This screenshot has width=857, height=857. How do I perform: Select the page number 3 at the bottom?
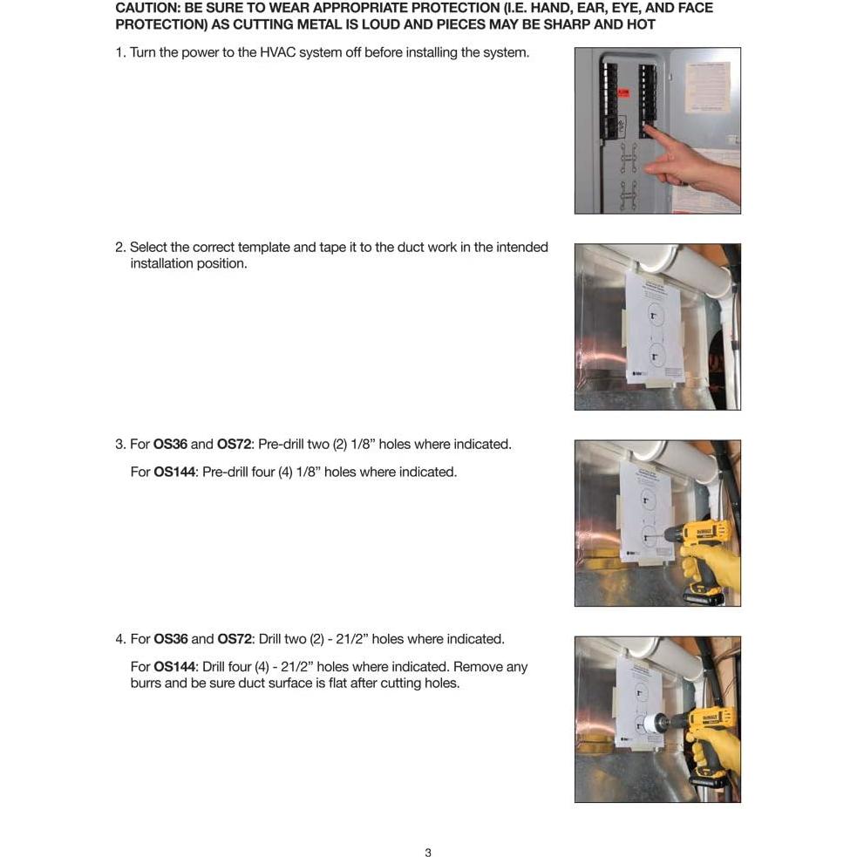pos(428,853)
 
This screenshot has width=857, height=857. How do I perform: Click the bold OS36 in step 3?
pos(170,444)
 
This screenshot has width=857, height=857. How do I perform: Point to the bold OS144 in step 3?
pos(174,472)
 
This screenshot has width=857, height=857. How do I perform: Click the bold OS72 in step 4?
pos(234,639)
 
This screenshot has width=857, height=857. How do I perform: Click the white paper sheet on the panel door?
pos(707,87)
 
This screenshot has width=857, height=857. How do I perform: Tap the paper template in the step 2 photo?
pos(653,327)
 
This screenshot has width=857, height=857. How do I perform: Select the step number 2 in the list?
pos(120,247)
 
